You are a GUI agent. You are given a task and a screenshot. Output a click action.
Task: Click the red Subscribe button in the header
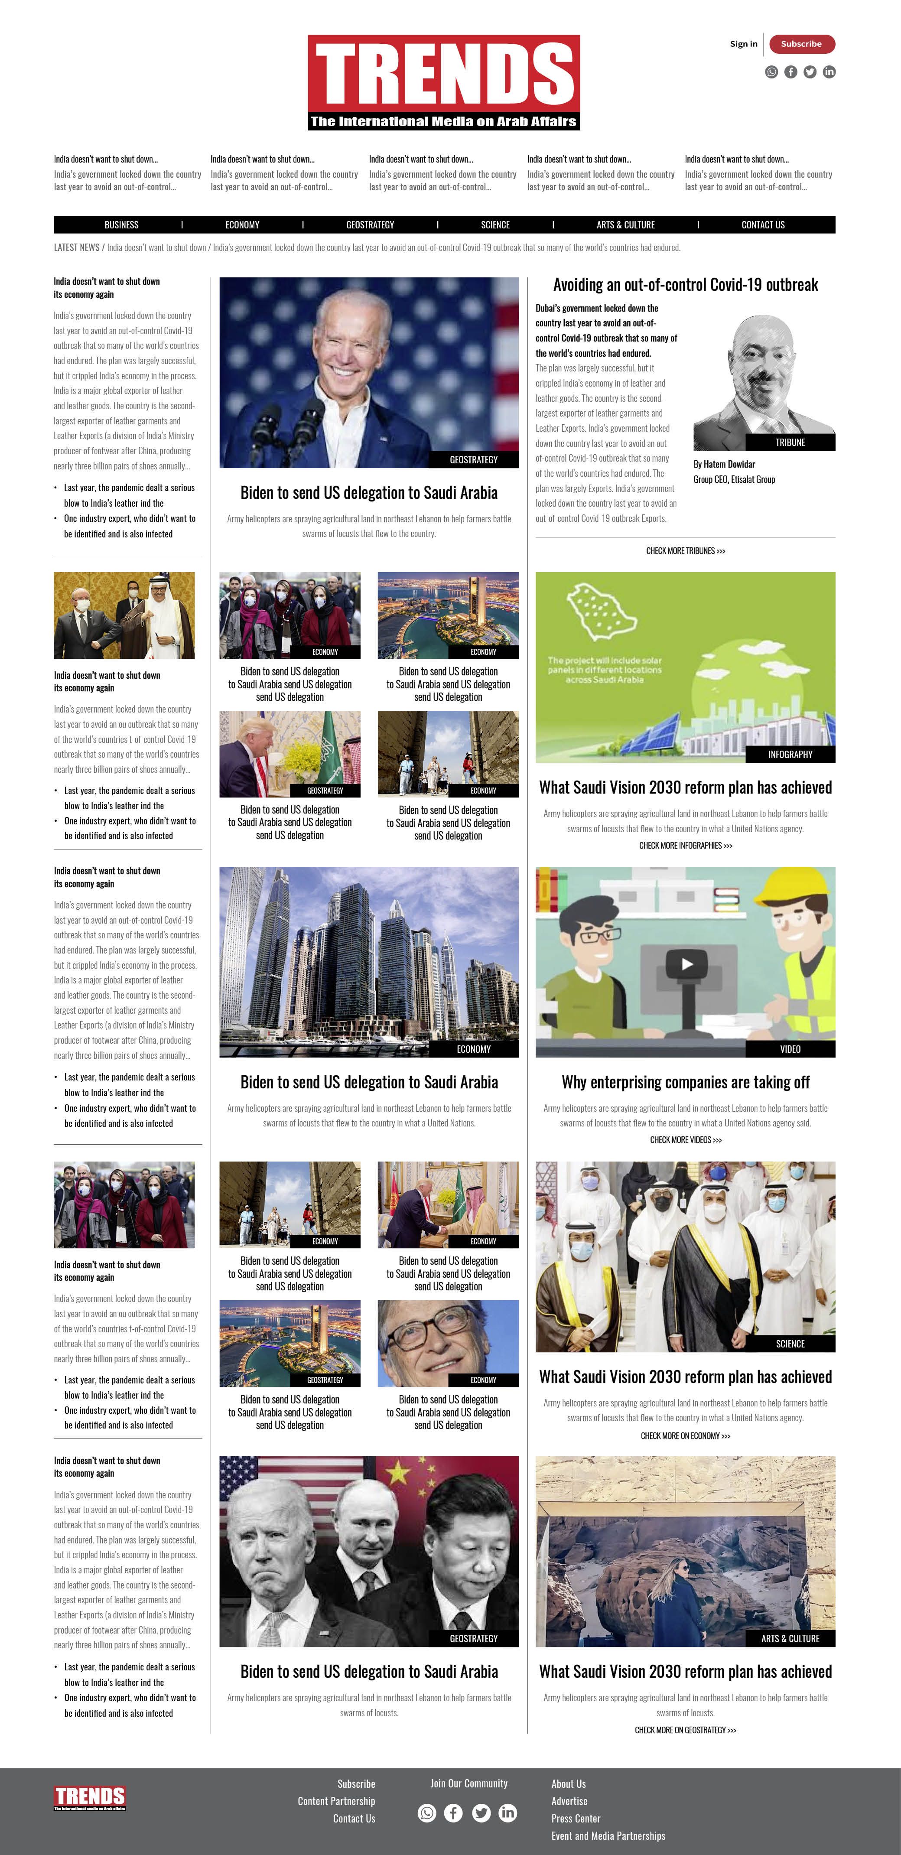pos(802,44)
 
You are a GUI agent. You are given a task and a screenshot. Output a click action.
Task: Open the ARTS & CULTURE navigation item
pos(625,225)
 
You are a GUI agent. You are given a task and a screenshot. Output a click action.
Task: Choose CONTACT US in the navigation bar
pos(763,225)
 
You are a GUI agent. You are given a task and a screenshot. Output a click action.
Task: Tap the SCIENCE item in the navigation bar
pos(495,225)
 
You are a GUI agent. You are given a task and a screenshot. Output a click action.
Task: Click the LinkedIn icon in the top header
pos(829,72)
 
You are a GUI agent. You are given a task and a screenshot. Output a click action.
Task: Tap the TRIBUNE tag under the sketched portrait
pos(790,442)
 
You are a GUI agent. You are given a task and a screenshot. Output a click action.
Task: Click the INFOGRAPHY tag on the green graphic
pos(790,754)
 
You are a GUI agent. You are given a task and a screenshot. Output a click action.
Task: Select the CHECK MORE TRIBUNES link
pos(685,551)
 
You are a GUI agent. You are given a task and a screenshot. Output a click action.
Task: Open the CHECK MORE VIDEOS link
pos(685,1140)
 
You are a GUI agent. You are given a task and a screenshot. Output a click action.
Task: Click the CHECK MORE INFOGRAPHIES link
pos(685,846)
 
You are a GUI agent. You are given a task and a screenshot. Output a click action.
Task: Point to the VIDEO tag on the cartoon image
pos(790,1049)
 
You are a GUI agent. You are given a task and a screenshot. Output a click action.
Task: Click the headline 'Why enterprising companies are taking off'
pos(685,1082)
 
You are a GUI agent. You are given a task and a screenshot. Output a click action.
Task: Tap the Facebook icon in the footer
pos(453,1813)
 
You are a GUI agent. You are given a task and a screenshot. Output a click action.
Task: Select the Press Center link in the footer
pos(576,1818)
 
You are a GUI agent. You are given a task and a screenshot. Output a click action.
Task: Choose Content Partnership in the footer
pos(336,1801)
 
